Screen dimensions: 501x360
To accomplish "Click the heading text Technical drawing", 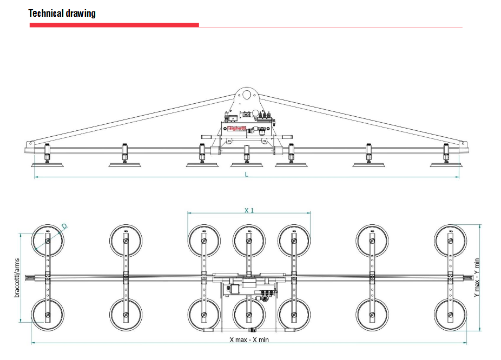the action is tap(62, 14).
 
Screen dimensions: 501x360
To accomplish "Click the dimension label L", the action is tap(246, 174).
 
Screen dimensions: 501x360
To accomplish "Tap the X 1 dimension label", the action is tap(249, 210).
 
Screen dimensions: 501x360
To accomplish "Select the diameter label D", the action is tap(64, 226).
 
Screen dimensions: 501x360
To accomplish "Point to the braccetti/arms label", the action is tap(17, 278).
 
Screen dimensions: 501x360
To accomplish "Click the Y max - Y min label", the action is tap(477, 278).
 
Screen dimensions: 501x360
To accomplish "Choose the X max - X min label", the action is tap(249, 339).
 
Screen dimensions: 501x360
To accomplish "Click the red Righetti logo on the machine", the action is tap(237, 128).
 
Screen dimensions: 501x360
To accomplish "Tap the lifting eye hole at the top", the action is tap(246, 95).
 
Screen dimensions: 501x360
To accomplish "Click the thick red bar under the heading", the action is tap(114, 25).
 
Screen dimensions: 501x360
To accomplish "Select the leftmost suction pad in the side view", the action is tap(47, 165).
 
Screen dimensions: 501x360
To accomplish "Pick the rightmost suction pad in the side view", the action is tap(446, 165).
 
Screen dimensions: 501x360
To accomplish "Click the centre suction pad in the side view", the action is tap(247, 165).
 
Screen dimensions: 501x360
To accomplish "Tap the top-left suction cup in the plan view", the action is tap(48, 241).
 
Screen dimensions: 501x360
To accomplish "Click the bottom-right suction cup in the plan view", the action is tap(451, 315).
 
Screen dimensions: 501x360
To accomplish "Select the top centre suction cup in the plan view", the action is tap(249, 241).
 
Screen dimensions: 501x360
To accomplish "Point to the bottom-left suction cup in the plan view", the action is tap(48, 315).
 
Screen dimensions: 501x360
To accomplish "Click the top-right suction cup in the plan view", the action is tap(451, 241).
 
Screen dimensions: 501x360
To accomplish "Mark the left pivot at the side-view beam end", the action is tap(30, 144).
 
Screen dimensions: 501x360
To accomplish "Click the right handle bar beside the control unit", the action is tap(283, 137).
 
